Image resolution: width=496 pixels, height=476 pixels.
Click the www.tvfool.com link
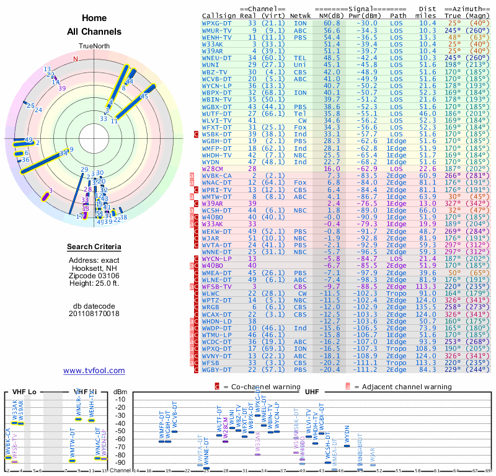click(x=94, y=371)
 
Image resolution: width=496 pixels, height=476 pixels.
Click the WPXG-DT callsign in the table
click(x=216, y=23)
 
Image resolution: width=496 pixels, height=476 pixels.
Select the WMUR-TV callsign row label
click(x=216, y=30)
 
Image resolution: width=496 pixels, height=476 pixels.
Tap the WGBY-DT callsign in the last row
click(x=216, y=370)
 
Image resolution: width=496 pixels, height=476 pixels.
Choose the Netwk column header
click(x=301, y=15)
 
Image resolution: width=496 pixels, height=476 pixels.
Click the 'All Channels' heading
click(x=94, y=32)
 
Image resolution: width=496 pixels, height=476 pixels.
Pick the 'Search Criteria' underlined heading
click(x=94, y=247)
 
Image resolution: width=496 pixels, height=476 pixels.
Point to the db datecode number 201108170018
click(x=94, y=314)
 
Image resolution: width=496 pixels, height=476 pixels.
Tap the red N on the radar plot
click(x=76, y=59)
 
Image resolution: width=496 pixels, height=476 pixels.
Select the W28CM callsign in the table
click(x=213, y=168)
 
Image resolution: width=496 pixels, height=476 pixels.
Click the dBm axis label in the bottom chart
click(x=120, y=391)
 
